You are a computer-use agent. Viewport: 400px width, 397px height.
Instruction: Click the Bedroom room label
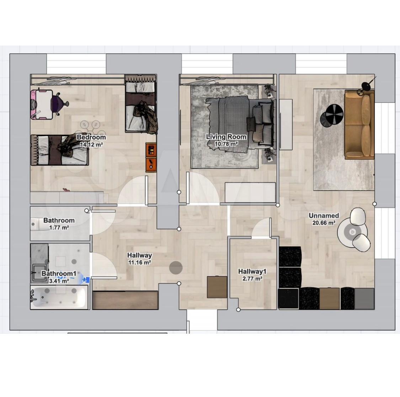[91, 137]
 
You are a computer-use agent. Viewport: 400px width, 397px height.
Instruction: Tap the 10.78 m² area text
[226, 144]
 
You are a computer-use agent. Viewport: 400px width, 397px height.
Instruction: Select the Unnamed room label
[324, 216]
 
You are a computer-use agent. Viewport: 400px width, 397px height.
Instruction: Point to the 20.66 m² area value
[324, 223]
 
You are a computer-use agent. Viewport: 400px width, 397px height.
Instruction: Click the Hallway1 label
[252, 271]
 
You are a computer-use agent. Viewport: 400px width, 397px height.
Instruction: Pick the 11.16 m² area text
[139, 262]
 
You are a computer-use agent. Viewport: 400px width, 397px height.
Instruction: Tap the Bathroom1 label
[59, 274]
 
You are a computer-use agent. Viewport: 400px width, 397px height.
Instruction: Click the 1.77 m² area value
[59, 227]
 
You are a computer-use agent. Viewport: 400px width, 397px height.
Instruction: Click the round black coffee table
[332, 115]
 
